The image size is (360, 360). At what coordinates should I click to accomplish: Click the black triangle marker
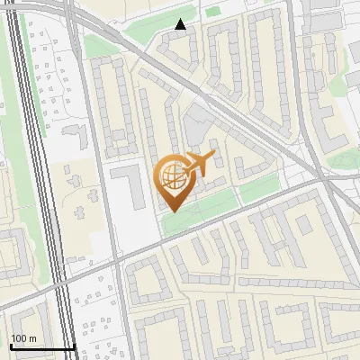(181, 24)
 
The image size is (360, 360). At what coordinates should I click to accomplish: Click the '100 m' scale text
(24, 338)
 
